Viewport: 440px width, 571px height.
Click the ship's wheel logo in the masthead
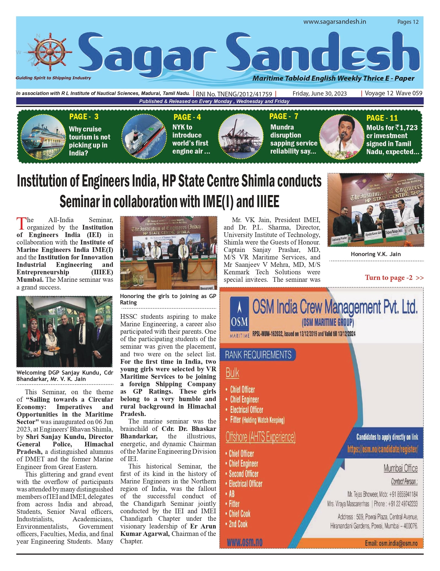pyautogui.click(x=50, y=52)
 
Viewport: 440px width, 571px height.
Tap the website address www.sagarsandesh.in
pyautogui.click(x=335, y=22)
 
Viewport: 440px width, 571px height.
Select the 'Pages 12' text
pyautogui.click(x=408, y=22)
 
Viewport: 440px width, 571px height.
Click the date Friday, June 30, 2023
pyautogui.click(x=319, y=93)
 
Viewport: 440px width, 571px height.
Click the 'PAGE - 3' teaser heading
pyautogui.click(x=84, y=117)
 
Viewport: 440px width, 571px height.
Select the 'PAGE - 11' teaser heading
pyautogui.click(x=382, y=118)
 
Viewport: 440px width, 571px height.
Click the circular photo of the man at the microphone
pyautogui.click(x=341, y=136)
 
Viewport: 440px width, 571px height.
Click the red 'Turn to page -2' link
pyautogui.click(x=394, y=277)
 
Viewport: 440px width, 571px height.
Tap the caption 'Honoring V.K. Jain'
pyautogui.click(x=375, y=254)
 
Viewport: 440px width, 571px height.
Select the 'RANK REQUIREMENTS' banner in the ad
pyautogui.click(x=258, y=355)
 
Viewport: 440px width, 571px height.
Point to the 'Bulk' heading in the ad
pyautogui.click(x=232, y=373)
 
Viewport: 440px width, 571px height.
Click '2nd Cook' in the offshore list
pyautogui.click(x=238, y=524)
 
